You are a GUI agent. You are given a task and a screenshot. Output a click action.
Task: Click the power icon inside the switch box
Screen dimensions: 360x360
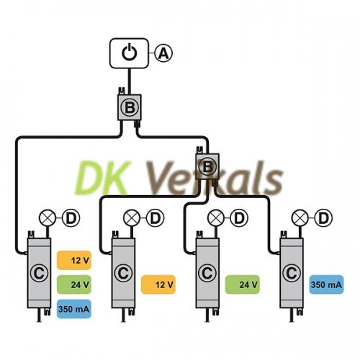pos(130,53)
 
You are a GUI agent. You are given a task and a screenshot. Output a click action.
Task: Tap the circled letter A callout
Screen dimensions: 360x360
pos(163,53)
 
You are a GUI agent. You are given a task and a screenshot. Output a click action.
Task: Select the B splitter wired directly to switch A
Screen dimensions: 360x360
pos(130,107)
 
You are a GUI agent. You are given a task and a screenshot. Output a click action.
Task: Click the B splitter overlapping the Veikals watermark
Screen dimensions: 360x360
pos(207,166)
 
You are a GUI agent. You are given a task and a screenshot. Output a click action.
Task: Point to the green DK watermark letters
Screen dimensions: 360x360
pos(103,178)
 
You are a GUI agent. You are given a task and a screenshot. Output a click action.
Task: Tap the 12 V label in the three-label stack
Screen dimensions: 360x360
pos(74,260)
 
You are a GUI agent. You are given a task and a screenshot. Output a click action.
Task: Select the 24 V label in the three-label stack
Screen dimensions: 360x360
pos(74,284)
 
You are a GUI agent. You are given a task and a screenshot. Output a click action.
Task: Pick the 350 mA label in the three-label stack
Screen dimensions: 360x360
pos(74,309)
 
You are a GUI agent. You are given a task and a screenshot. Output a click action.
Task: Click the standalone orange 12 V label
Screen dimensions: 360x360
pos(158,284)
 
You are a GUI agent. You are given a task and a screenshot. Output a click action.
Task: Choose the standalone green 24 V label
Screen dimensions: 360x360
pos(243,284)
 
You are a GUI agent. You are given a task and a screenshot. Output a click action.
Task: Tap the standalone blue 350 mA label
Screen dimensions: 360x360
pos(326,284)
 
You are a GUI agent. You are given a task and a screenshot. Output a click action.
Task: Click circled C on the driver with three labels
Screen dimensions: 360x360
pos(39,273)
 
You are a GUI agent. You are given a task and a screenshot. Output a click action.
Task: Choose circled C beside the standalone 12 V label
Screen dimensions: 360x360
pos(123,273)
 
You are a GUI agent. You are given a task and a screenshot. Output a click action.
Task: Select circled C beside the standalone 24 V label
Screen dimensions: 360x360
pos(207,273)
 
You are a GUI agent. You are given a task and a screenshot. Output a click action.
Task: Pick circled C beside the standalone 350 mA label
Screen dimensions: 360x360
pos(292,273)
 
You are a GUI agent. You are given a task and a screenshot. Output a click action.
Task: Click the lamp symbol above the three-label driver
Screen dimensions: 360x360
pos(48,218)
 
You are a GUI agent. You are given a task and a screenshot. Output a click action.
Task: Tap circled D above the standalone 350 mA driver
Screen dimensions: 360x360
pos(323,218)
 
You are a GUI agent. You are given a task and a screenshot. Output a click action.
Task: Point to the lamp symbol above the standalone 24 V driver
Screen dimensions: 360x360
pos(216,218)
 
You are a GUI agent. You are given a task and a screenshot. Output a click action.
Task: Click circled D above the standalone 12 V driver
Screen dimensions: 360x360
pos(156,218)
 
